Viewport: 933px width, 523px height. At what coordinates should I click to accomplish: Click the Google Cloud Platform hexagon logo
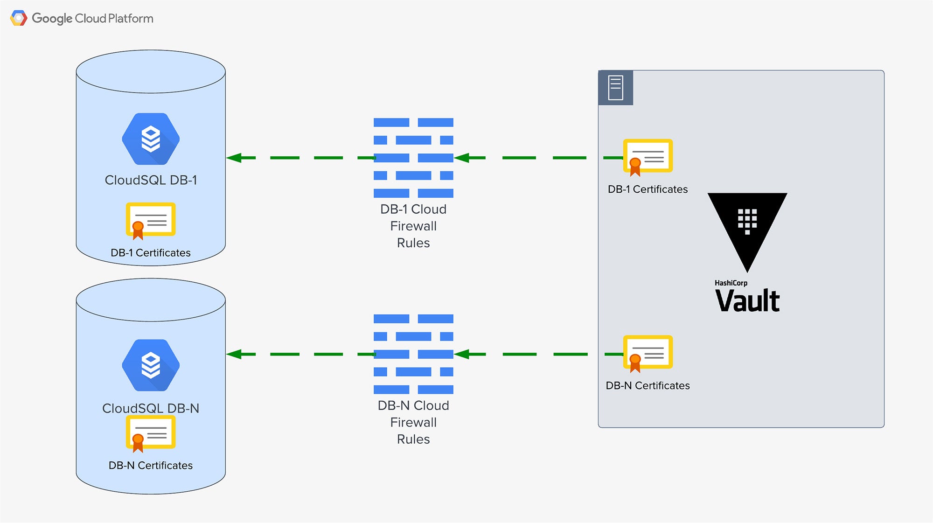click(19, 18)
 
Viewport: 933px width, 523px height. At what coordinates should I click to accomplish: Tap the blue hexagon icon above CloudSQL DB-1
click(151, 139)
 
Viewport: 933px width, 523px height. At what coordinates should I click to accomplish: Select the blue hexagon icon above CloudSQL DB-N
click(151, 365)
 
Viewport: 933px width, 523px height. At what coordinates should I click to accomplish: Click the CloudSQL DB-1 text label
click(151, 180)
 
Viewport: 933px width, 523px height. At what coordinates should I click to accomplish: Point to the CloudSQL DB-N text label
click(151, 408)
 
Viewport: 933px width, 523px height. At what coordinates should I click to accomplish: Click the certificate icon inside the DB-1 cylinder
click(150, 221)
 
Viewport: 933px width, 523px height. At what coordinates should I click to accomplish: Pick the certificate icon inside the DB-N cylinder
click(150, 434)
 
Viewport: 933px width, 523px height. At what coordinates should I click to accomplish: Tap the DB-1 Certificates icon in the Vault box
click(648, 157)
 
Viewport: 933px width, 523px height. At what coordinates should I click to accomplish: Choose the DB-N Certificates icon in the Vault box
click(648, 354)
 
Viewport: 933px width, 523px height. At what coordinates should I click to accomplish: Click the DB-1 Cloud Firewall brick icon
click(413, 158)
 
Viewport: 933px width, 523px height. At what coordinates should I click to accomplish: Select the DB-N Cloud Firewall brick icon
click(413, 354)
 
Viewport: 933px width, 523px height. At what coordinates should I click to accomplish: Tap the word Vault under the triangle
click(747, 301)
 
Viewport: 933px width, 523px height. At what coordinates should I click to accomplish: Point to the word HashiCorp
click(731, 283)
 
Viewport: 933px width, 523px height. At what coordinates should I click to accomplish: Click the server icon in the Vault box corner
click(616, 88)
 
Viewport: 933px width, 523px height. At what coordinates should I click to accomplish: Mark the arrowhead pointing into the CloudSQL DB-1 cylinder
click(234, 158)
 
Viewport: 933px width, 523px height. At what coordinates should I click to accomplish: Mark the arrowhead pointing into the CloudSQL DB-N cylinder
click(234, 354)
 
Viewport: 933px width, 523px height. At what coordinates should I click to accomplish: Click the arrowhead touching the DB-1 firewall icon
click(461, 158)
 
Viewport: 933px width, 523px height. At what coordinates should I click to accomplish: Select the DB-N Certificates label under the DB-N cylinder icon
click(151, 465)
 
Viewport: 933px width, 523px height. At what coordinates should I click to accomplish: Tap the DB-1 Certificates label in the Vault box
click(648, 189)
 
